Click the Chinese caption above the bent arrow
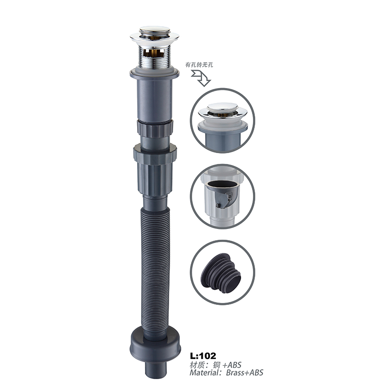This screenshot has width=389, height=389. point(199,65)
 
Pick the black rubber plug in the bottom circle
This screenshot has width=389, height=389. point(221,273)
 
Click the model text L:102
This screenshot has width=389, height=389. point(203,356)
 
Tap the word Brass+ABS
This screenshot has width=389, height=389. point(245,372)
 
